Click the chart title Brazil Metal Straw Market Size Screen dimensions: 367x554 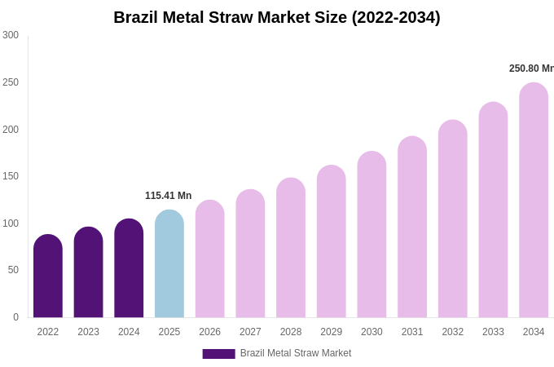tap(277, 17)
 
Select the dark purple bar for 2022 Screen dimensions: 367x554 tap(48, 277)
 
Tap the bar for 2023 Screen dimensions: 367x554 tap(88, 273)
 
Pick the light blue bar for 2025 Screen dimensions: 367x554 tap(169, 265)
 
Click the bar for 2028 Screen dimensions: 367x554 tap(291, 249)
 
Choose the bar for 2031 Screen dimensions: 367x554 tap(412, 228)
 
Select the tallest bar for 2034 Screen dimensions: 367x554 tap(534, 201)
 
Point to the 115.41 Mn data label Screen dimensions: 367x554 tap(168, 196)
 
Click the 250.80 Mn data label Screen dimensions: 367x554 tap(530, 69)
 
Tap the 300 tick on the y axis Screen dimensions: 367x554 tap(11, 35)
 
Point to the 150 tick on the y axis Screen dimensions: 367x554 tap(11, 176)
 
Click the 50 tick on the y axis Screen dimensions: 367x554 tap(13, 270)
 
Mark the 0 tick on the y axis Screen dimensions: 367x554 tap(15, 317)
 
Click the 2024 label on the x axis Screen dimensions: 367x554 tap(129, 332)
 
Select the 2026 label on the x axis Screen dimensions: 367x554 tap(209, 332)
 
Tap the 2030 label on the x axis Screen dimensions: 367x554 tap(372, 332)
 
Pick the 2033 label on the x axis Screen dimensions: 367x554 tap(493, 332)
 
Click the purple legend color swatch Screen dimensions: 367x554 tap(218, 354)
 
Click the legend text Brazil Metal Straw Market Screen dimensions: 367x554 tap(296, 353)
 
